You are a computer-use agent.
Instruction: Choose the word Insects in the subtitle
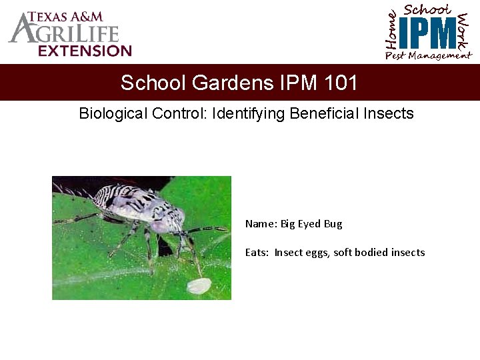coord(389,113)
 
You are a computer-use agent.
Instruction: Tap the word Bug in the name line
coord(333,224)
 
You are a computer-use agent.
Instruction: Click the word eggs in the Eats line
coord(317,253)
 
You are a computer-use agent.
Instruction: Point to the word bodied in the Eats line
coord(373,253)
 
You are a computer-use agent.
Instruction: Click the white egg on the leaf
coord(198,286)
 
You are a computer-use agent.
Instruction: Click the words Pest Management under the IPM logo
coord(428,56)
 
